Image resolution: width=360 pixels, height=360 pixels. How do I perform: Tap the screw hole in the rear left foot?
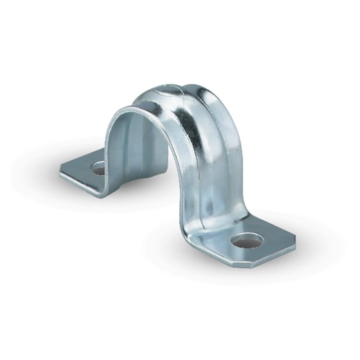99,168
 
